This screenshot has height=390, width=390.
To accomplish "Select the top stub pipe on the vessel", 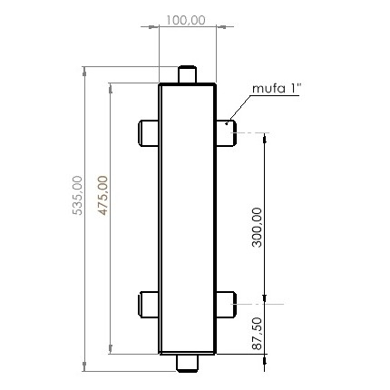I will (x=188, y=74).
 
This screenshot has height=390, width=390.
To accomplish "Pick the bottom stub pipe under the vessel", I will (x=188, y=362).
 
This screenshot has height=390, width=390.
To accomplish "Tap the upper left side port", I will (x=149, y=132).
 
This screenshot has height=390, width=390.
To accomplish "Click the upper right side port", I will (x=227, y=132).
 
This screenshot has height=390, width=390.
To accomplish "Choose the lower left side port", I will (x=149, y=303).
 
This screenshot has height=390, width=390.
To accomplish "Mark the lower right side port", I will (x=227, y=303).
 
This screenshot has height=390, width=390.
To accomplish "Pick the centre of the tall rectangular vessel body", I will (x=188, y=218).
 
